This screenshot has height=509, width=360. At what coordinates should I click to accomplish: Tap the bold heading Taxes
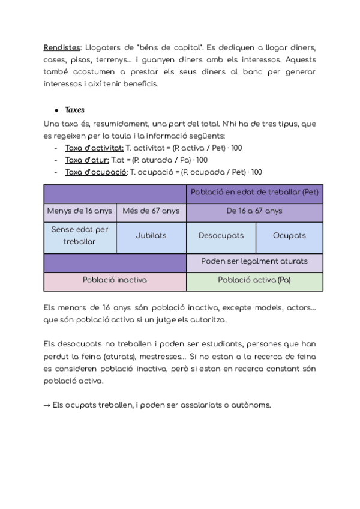pyautogui.click(x=74, y=110)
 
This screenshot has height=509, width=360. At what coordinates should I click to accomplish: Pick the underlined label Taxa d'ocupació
pyautogui.click(x=96, y=172)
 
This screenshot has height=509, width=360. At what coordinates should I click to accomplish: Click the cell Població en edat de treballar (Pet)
pyautogui.click(x=254, y=193)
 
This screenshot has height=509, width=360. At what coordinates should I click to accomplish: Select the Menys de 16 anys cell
pyautogui.click(x=80, y=211)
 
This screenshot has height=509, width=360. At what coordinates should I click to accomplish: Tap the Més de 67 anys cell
pyautogui.click(x=151, y=211)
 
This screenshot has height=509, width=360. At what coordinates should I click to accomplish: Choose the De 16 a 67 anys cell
pyautogui.click(x=254, y=211)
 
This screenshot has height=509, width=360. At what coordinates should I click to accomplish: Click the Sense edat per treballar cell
pyautogui.click(x=80, y=235)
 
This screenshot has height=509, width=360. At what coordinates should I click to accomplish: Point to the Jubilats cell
pyautogui.click(x=151, y=236)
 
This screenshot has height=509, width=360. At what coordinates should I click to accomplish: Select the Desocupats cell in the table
pyautogui.click(x=221, y=236)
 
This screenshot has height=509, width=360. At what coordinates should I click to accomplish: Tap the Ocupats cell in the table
pyautogui.click(x=289, y=236)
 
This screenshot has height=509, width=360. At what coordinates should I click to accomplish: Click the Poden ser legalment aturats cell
pyautogui.click(x=254, y=261)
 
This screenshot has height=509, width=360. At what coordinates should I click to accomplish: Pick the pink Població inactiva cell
pyautogui.click(x=115, y=280)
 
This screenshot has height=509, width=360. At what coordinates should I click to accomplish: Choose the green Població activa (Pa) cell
pyautogui.click(x=254, y=280)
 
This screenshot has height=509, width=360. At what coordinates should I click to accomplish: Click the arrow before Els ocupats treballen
pyautogui.click(x=47, y=405)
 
